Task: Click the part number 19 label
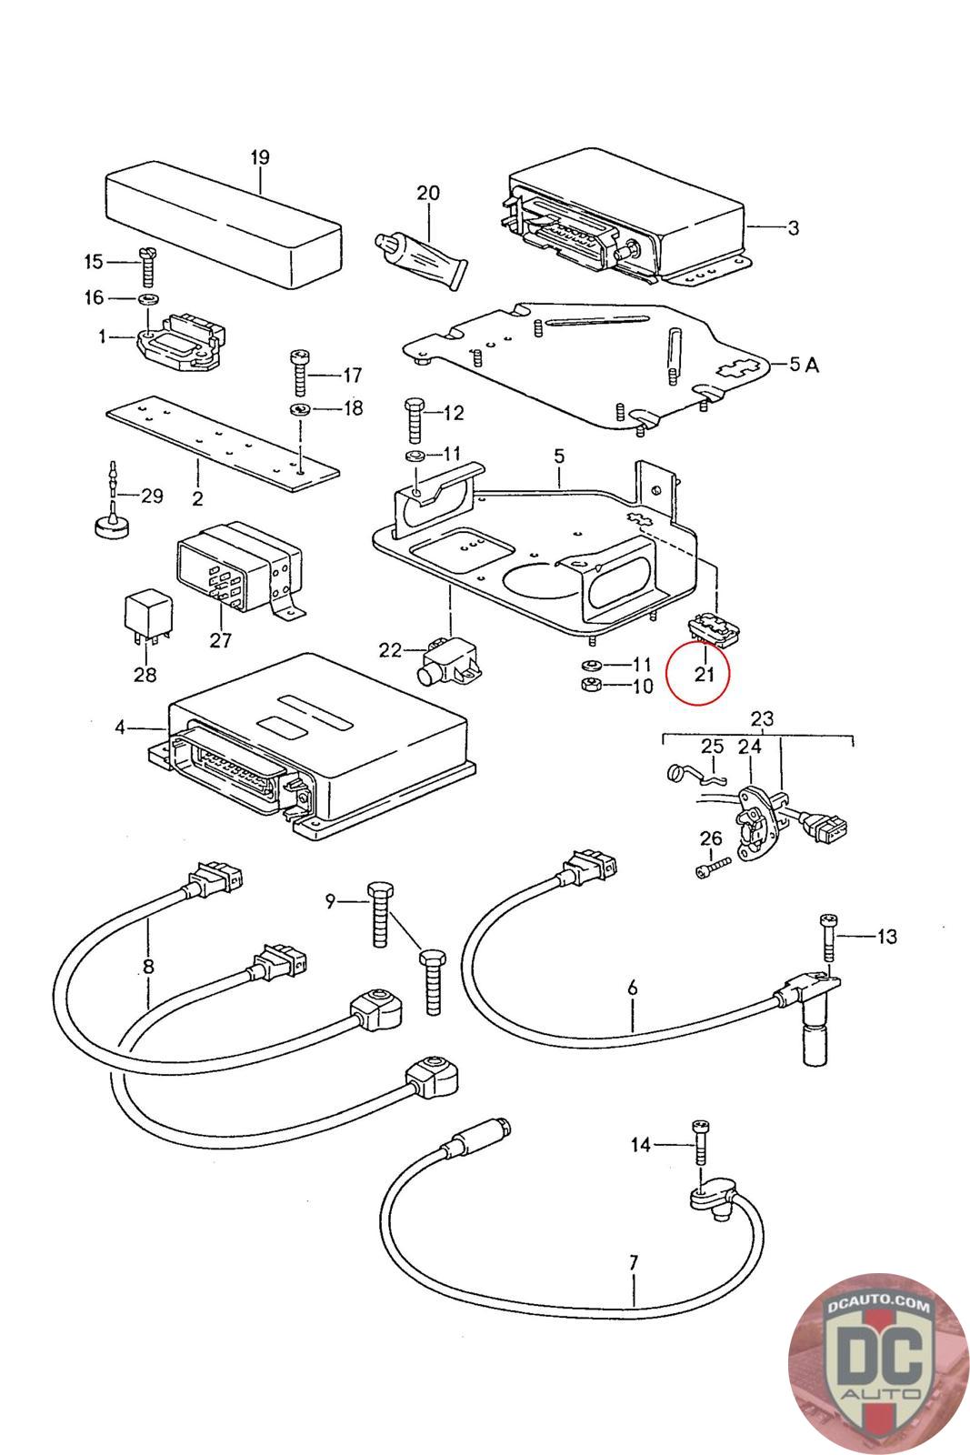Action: [x=260, y=157]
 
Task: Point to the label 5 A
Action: [x=804, y=365]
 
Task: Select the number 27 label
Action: [x=221, y=640]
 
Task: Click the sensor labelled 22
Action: [x=445, y=657]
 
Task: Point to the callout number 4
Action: [x=120, y=727]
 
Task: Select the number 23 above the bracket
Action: [x=762, y=718]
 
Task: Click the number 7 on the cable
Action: [x=633, y=1263]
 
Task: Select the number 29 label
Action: [x=151, y=496]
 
